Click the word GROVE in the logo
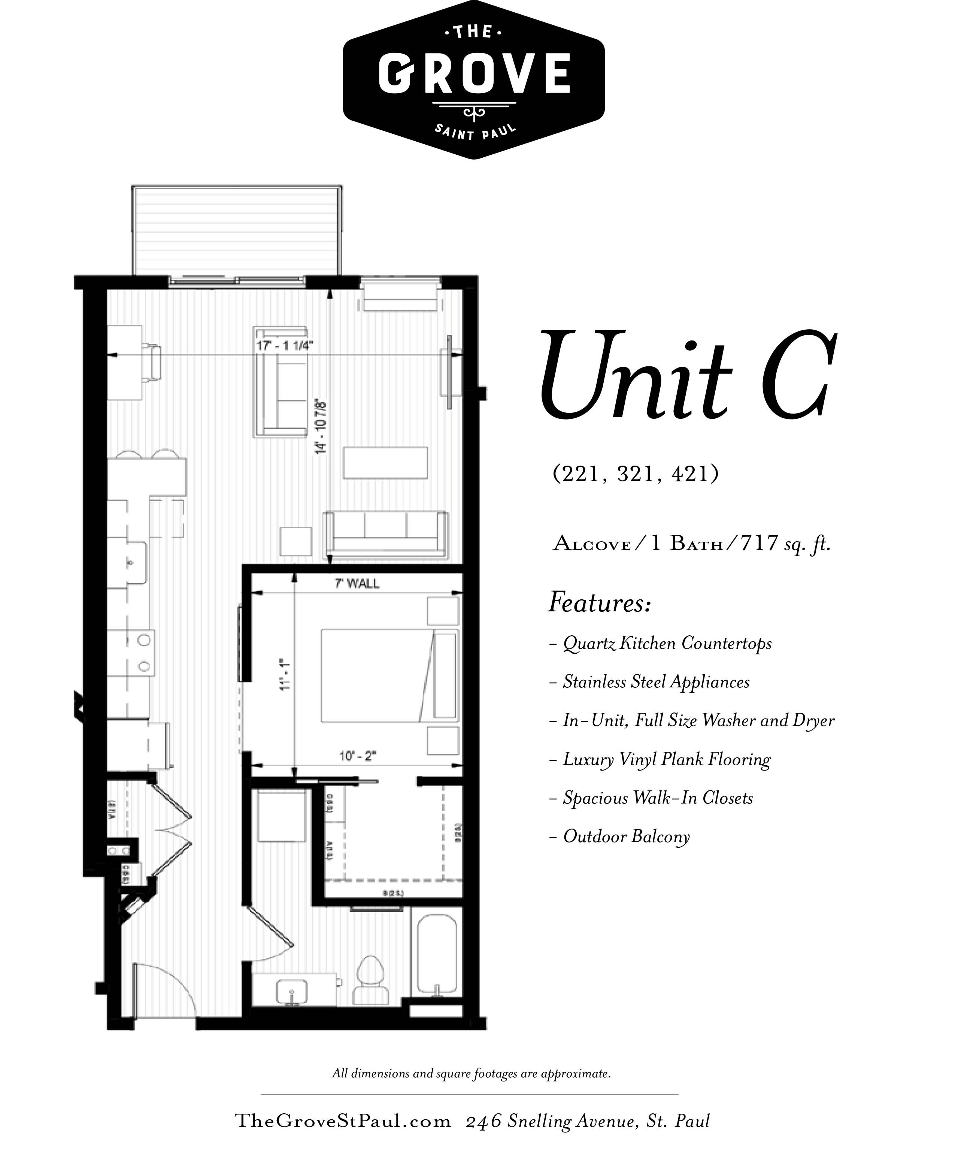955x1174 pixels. pyautogui.click(x=474, y=73)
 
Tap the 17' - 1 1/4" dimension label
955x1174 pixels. pyautogui.click(x=284, y=345)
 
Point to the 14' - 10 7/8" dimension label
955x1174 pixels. pyautogui.click(x=321, y=426)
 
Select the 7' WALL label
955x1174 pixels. pyautogui.click(x=357, y=584)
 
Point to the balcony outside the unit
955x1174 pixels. pyautogui.click(x=237, y=230)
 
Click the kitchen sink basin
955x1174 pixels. pyautogui.click(x=132, y=563)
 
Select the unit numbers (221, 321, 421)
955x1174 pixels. pyautogui.click(x=636, y=473)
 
